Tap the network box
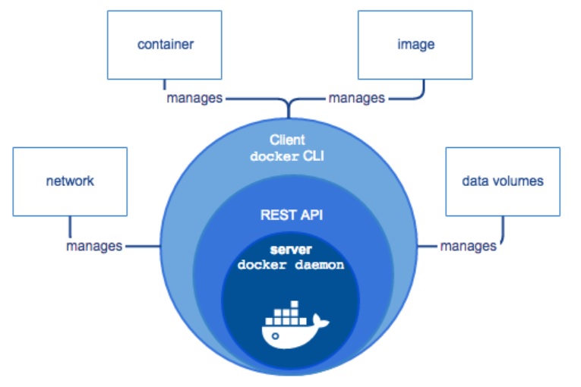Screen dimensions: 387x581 (70, 181)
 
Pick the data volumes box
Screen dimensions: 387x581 (502, 181)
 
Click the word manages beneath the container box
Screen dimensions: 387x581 (194, 98)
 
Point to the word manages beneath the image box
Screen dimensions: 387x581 (356, 98)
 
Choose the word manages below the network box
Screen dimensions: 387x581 (94, 246)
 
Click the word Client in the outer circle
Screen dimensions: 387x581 (289, 140)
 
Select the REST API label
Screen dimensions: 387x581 (291, 216)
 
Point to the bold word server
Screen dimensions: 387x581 (291, 250)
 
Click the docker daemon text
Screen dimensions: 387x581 (291, 265)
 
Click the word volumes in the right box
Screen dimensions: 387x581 (522, 181)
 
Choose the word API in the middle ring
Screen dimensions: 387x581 (311, 216)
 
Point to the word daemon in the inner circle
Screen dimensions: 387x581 (319, 265)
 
